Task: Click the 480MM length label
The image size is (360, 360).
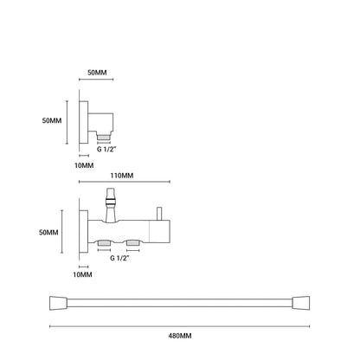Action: pos(180,336)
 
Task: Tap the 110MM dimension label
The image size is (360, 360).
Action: pos(122,176)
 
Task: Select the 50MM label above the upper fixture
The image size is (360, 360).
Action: pos(97,73)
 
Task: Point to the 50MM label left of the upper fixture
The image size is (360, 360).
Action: pos(52,120)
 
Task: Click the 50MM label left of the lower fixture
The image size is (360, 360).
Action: pos(48,232)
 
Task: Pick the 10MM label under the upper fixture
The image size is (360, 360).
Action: pos(84,165)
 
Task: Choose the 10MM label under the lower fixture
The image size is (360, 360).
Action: pos(82,274)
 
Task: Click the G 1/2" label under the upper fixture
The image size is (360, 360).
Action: pos(106,150)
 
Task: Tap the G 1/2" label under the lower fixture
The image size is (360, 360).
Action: pos(119,258)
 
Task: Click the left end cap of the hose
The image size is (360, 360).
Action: pos(59,303)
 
